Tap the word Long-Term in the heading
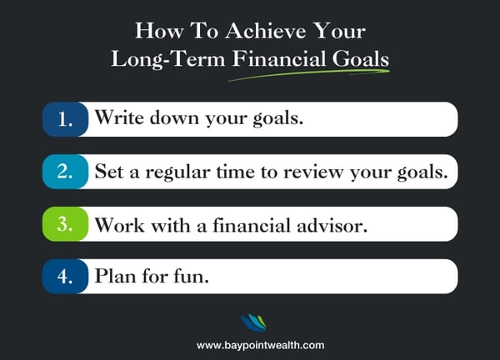click(168, 60)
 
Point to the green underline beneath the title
click(309, 75)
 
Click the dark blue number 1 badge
click(65, 119)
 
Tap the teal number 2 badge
click(65, 172)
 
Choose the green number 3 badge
click(65, 224)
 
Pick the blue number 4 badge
click(65, 276)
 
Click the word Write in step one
click(119, 117)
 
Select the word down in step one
click(174, 117)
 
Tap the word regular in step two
click(177, 172)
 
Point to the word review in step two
click(312, 172)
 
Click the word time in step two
click(236, 172)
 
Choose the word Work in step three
click(120, 225)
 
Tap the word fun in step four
click(191, 276)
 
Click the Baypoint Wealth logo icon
click(253, 322)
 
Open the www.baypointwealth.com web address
click(260, 345)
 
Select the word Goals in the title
click(361, 58)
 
